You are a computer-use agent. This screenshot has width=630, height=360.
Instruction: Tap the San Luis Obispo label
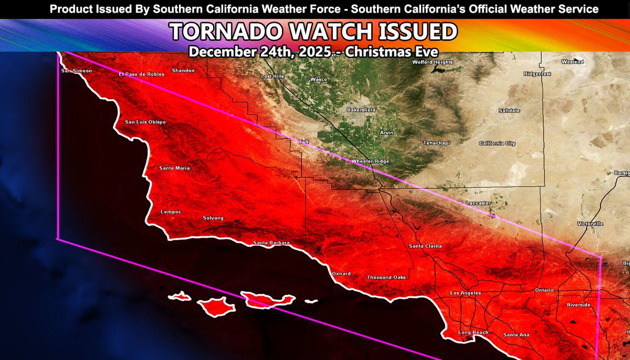pyautogui.click(x=145, y=122)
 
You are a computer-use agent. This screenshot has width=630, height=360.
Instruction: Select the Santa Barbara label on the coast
pyautogui.click(x=271, y=242)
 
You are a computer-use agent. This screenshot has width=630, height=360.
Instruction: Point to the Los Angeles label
pyautogui.click(x=466, y=293)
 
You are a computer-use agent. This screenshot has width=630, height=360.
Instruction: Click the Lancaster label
pyautogui.click(x=478, y=203)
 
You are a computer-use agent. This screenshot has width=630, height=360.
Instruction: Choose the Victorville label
pyautogui.click(x=590, y=224)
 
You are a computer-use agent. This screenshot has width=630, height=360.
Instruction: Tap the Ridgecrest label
pyautogui.click(x=538, y=74)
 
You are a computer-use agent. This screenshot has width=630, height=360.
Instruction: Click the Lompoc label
pyautogui.click(x=171, y=212)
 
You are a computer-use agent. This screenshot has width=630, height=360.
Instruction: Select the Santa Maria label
pyautogui.click(x=175, y=168)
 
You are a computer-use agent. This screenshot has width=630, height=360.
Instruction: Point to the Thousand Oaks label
pyautogui.click(x=386, y=278)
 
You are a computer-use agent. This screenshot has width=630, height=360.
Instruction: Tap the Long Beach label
pyautogui.click(x=473, y=332)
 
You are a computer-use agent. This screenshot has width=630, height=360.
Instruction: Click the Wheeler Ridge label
pyautogui.click(x=370, y=161)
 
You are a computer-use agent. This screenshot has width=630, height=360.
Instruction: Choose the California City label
pyautogui.click(x=497, y=143)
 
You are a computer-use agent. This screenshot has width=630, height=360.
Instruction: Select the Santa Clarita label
pyautogui.click(x=425, y=246)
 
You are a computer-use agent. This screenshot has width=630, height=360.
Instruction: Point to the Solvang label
pyautogui.click(x=213, y=218)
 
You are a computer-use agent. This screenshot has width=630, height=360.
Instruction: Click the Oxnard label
pyautogui.click(x=341, y=273)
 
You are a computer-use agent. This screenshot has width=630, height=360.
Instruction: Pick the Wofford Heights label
pyautogui.click(x=433, y=62)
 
